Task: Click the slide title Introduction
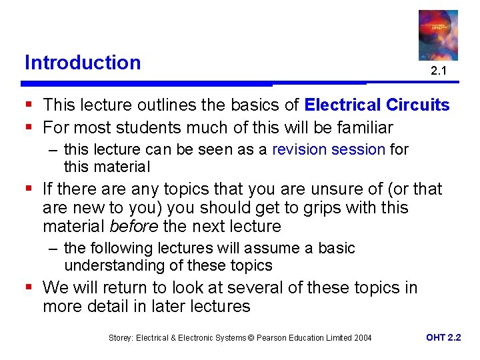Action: [83, 63]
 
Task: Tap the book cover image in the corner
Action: [438, 35]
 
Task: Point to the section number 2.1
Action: [438, 71]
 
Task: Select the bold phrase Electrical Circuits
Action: [377, 105]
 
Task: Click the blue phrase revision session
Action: [329, 149]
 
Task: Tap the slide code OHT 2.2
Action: [443, 337]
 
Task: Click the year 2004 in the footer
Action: [363, 338]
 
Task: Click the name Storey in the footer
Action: [121, 338]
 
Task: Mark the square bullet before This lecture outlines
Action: [29, 105]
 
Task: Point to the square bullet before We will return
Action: [29, 288]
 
